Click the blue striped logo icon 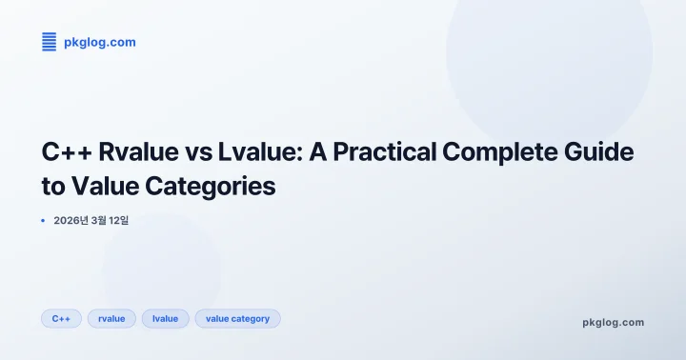coord(50,41)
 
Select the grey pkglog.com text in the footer coord(613,322)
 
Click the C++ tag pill coord(61,318)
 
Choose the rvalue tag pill coord(111,318)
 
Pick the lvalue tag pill coord(166,318)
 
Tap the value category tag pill coord(237,318)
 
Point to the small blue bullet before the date coord(43,220)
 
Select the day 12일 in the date coord(118,220)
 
